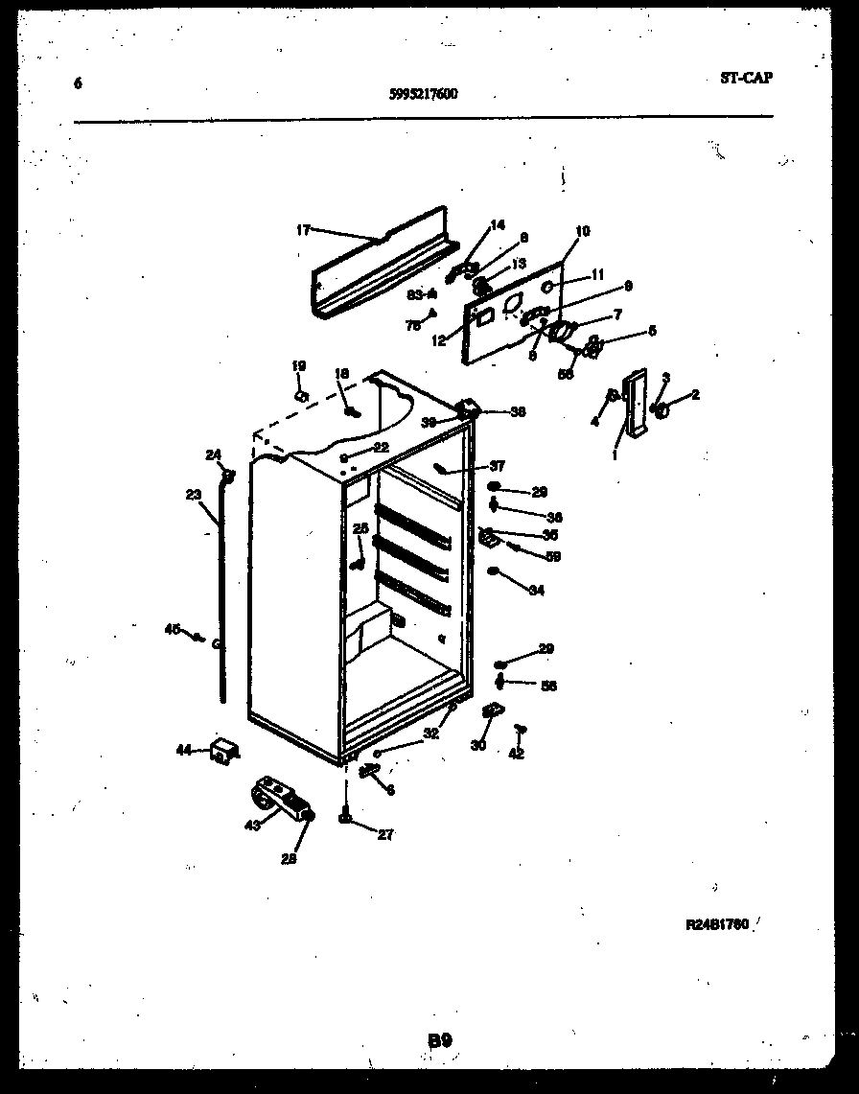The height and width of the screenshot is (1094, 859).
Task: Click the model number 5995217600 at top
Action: (424, 94)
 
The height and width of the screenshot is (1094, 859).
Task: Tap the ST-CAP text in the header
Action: (746, 79)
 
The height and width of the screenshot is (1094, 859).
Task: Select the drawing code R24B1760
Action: (716, 925)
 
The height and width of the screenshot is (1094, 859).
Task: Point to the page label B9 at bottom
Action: (439, 1038)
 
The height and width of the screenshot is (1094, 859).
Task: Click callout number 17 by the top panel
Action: (303, 230)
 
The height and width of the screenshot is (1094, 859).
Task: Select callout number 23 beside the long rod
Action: (194, 496)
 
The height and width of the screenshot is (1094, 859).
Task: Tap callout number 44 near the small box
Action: (183, 751)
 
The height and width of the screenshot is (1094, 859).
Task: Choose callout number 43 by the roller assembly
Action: (253, 825)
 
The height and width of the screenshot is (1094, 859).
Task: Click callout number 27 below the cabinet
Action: (384, 835)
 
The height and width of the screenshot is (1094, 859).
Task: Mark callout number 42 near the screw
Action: (517, 754)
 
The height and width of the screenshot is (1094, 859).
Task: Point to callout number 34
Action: (536, 591)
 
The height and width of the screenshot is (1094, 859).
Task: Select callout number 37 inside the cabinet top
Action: (497, 467)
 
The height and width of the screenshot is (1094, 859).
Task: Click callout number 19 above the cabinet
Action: (298, 365)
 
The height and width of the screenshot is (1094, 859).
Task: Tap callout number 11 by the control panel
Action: (597, 274)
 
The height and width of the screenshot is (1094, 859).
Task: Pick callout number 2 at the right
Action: (694, 394)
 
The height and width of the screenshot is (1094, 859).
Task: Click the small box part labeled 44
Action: (224, 751)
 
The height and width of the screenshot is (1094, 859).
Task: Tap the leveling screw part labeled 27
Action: (343, 816)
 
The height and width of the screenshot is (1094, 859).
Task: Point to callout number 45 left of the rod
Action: (173, 629)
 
